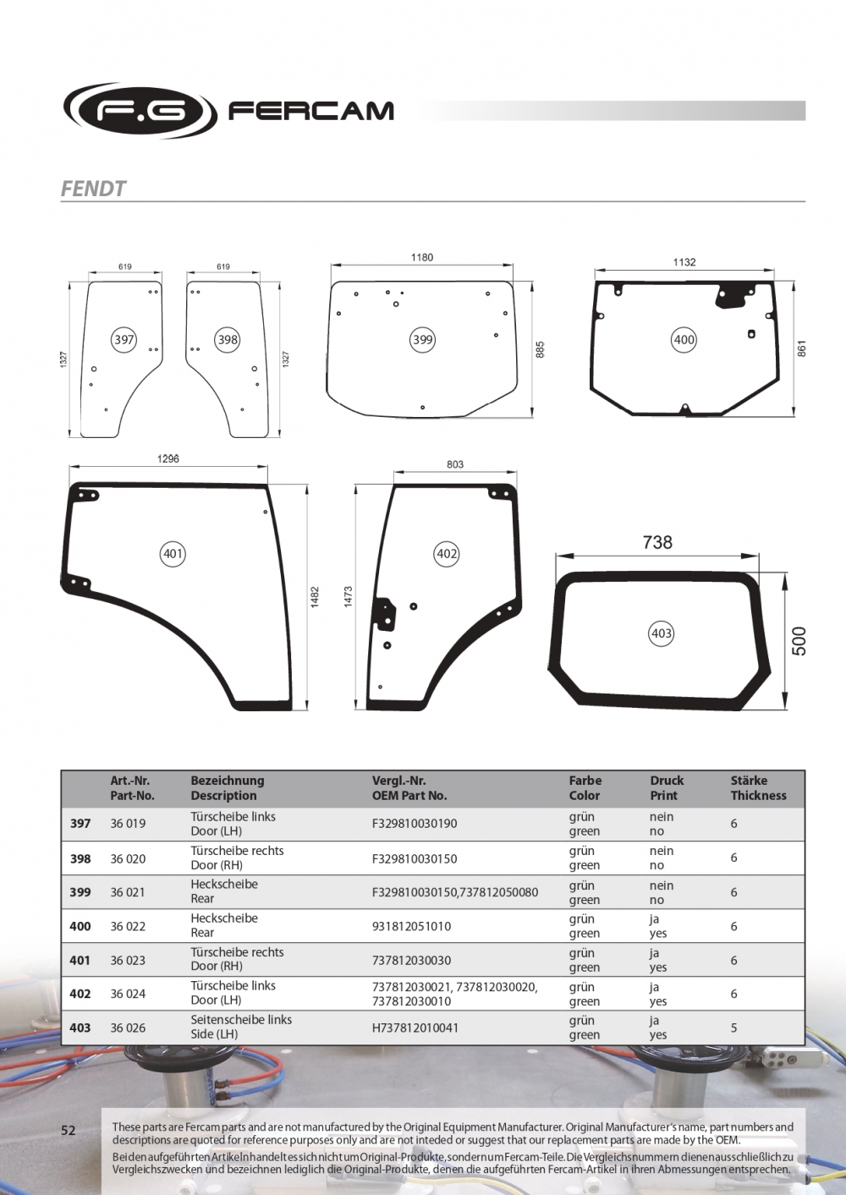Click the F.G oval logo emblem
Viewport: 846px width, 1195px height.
(140, 111)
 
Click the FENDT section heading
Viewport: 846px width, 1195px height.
(93, 189)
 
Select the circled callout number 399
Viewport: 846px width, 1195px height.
(423, 340)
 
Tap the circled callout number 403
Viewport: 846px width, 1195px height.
(662, 633)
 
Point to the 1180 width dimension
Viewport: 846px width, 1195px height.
(421, 258)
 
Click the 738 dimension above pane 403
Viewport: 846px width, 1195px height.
(657, 542)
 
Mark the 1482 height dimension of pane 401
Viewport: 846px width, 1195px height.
(315, 597)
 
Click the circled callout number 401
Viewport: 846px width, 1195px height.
(173, 554)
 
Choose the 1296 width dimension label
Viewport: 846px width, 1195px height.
(168, 458)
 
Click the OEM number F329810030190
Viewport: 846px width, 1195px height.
(415, 824)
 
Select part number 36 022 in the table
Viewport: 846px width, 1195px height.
(128, 926)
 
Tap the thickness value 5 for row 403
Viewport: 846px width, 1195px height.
(734, 1028)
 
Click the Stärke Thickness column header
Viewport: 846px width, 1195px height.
(759, 788)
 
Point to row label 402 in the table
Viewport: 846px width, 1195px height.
(80, 994)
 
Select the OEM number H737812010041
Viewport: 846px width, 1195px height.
(415, 1028)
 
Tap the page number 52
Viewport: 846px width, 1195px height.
(69, 1130)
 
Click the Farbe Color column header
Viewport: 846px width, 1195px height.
(585, 788)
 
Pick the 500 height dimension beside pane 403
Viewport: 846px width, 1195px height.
(799, 641)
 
